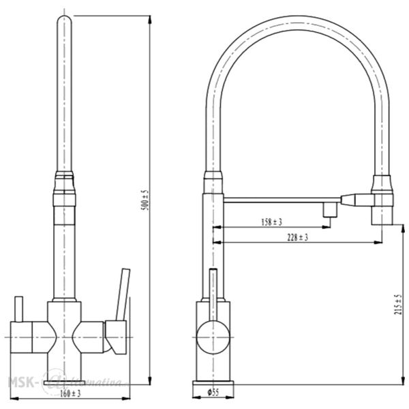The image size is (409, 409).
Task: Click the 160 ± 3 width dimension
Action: point(70,393)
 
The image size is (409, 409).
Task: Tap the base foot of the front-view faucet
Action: point(65,376)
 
